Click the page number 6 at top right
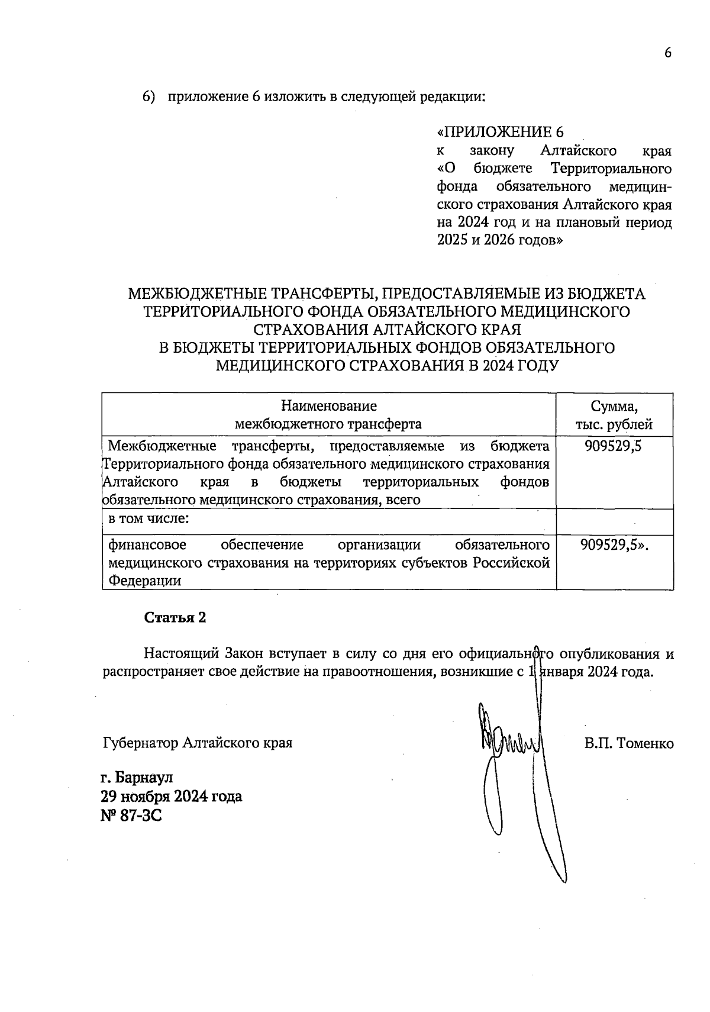coord(668,53)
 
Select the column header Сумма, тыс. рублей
coord(614,415)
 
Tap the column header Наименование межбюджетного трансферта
coord(328,415)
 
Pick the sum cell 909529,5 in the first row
coord(614,446)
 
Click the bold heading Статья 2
coord(175,617)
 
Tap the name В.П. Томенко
coord(629,743)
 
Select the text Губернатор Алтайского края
coord(198,742)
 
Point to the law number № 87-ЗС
coord(131,816)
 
